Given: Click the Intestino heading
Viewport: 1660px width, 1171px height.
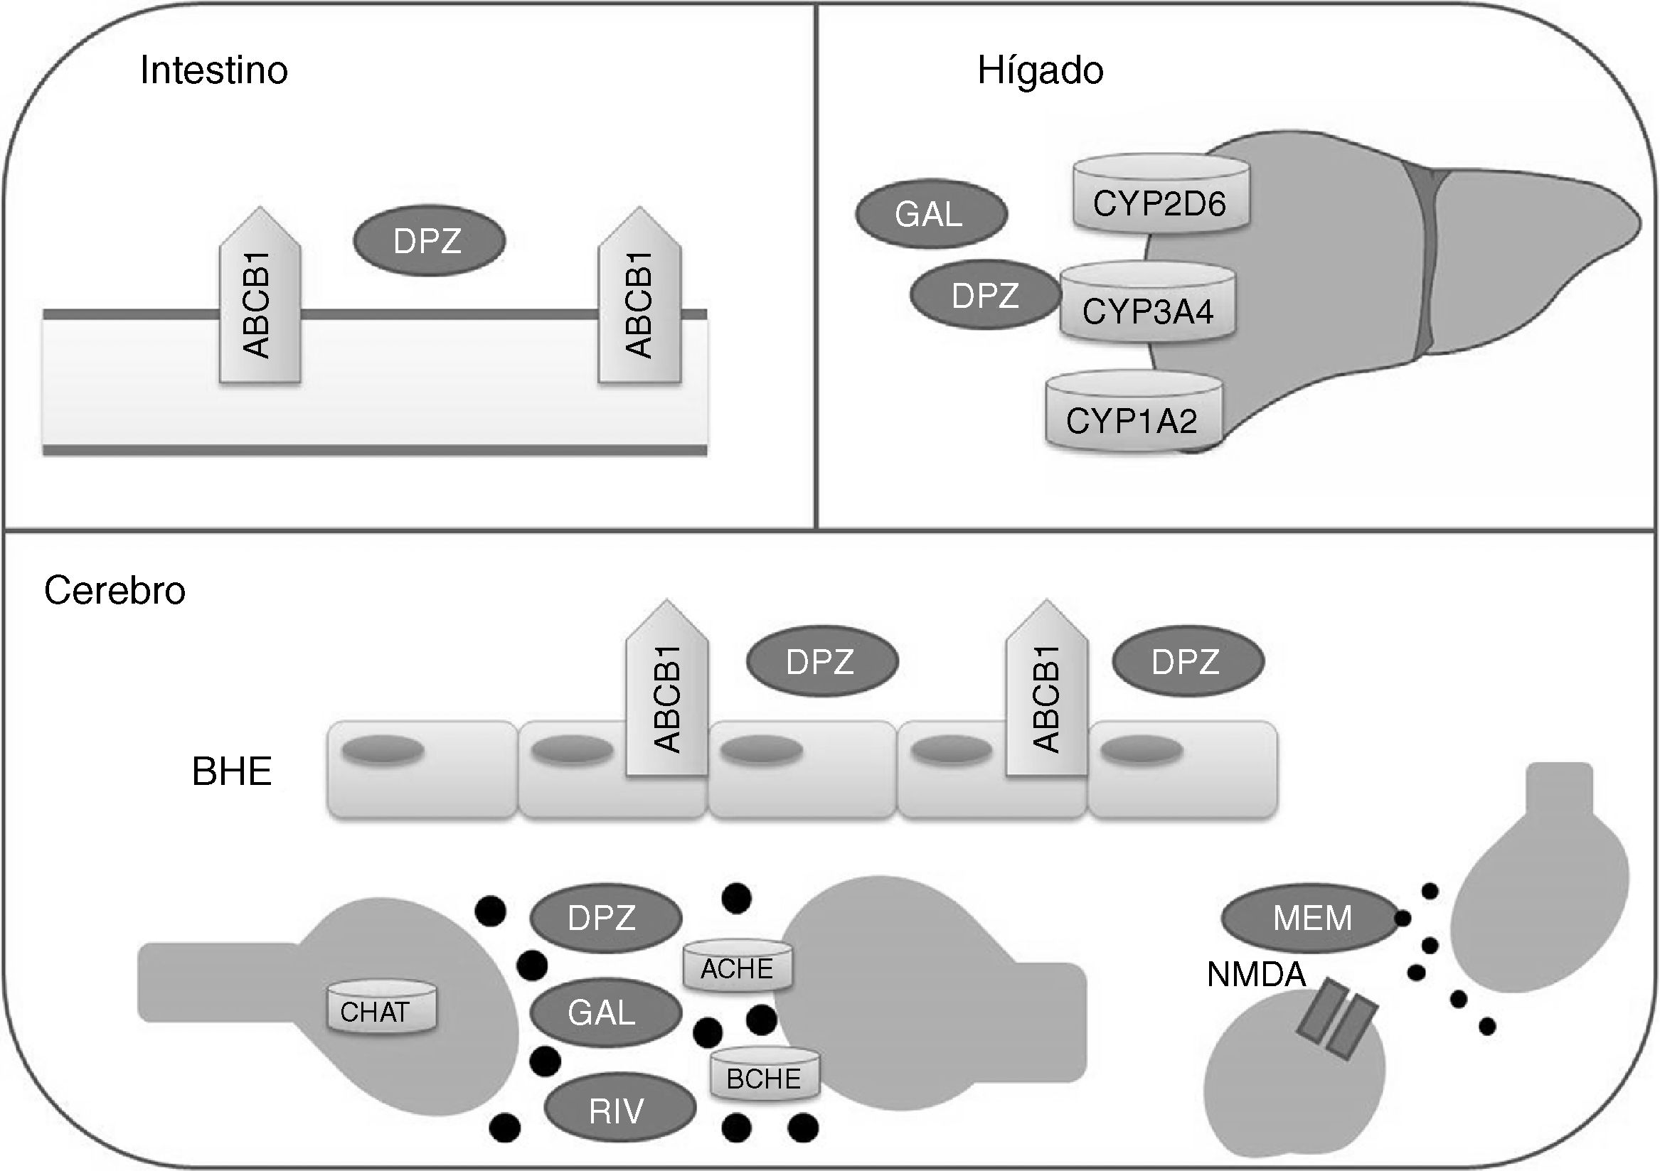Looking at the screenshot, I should (x=214, y=71).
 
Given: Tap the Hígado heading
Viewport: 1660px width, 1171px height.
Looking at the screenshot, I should (x=1040, y=71).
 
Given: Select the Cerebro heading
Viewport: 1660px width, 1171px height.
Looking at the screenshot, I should (x=115, y=591).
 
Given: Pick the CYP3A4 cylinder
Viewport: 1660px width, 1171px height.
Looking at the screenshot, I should (x=1146, y=304).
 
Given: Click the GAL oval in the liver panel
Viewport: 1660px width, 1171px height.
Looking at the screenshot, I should (x=930, y=214).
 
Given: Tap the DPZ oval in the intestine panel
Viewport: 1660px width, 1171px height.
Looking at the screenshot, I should (x=429, y=241).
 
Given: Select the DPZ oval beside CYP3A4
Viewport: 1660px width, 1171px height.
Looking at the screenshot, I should (x=985, y=296).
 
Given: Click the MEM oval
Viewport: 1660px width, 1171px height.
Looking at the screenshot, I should (x=1311, y=918).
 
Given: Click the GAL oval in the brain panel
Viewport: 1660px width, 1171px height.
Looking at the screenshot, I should (x=605, y=1012).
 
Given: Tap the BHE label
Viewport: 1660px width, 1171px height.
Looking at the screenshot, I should (x=231, y=771).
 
